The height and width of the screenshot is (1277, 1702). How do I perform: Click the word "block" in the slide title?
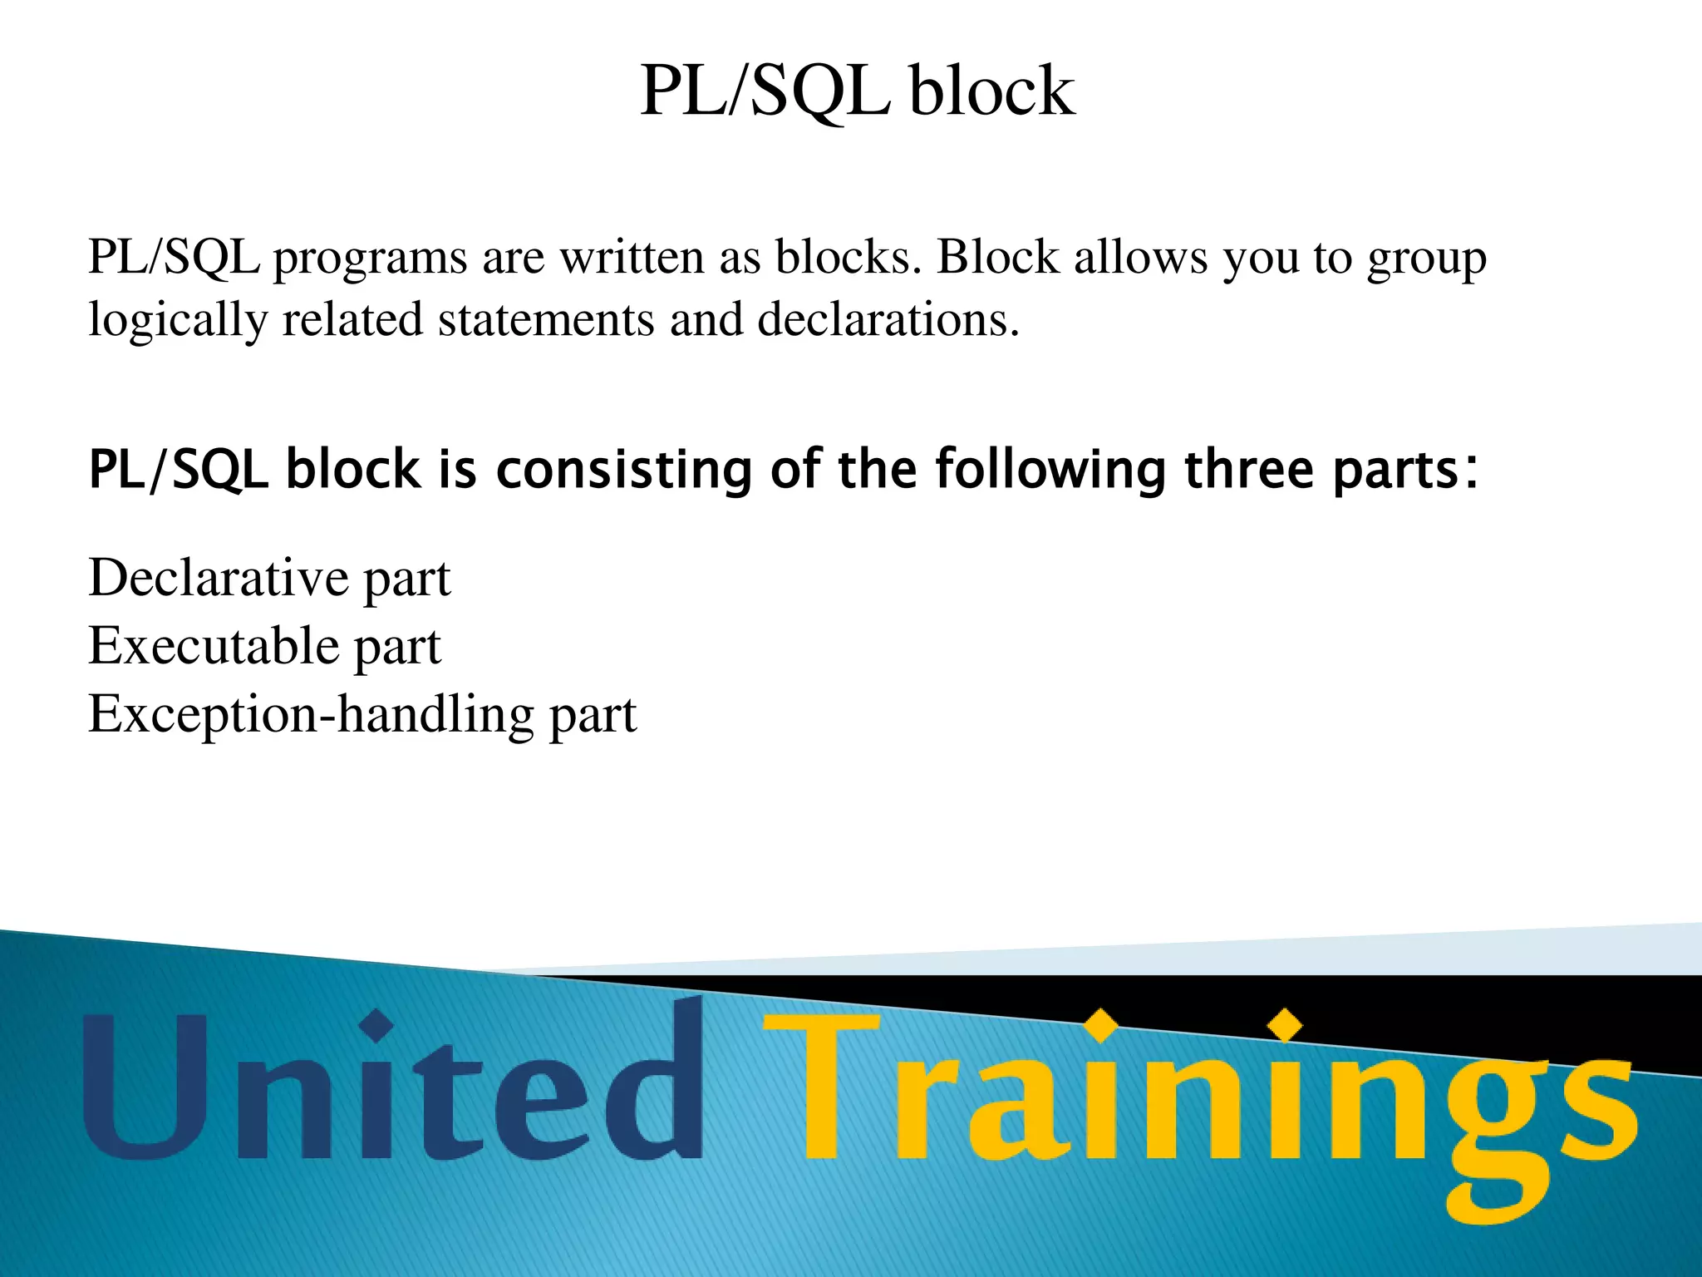click(991, 91)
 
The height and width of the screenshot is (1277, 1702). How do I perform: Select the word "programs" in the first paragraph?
click(370, 259)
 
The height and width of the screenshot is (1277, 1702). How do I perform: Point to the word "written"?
click(631, 258)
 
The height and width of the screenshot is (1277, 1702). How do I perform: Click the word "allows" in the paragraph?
click(1141, 258)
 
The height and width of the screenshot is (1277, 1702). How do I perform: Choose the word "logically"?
click(178, 321)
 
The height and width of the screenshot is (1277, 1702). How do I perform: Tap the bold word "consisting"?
click(623, 470)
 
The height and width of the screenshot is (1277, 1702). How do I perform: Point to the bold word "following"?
click(1051, 471)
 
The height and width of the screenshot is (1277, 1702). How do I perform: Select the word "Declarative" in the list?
click(218, 578)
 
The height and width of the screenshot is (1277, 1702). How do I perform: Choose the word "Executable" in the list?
click(214, 646)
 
